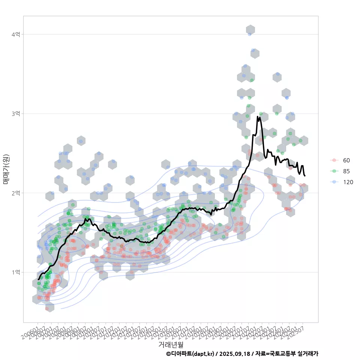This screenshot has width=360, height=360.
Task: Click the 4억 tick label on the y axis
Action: pos(16,34)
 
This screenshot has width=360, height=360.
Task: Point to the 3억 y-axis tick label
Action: pos(16,114)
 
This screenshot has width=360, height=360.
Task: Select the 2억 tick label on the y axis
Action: pos(16,193)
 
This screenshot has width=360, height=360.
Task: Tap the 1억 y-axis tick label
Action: pos(16,272)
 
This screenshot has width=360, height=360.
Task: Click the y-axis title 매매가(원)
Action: pos(6,169)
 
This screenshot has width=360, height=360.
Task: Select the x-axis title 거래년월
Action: pos(171,344)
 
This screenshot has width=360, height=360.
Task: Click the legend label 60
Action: pos(346,160)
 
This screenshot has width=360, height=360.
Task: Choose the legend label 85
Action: pos(346,171)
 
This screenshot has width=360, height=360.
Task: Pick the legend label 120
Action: pos(348,181)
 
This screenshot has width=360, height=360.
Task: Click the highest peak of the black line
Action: pos(258,117)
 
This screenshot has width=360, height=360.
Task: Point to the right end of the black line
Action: pos(305,175)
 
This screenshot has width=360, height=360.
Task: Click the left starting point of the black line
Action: pos(38,279)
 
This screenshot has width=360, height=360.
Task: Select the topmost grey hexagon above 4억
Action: pos(250,30)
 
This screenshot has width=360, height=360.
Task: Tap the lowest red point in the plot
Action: pos(47,309)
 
